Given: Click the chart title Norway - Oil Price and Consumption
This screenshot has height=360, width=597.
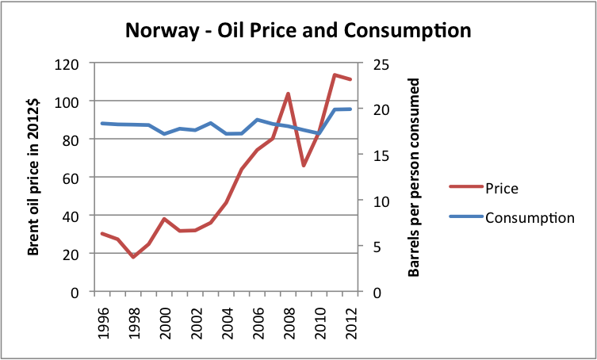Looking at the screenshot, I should pos(298,32).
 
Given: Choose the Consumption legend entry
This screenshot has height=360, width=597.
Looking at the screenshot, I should pos(529,216).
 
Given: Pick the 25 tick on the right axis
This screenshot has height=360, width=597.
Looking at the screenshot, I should pos(377,63).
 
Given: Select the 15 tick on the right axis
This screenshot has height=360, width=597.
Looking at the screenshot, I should pos(377,155).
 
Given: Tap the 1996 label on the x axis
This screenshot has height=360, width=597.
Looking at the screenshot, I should pos(102,324).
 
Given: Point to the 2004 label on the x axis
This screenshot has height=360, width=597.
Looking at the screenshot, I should pos(226,324).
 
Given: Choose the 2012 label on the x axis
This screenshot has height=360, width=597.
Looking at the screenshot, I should pos(349,324).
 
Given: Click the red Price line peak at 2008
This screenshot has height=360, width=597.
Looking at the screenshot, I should pos(287,94).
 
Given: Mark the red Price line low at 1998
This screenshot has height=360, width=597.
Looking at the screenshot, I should pos(133,257).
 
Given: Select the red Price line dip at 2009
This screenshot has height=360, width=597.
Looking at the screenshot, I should pos(303,166).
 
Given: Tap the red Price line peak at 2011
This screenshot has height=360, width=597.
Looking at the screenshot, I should pos(334,75).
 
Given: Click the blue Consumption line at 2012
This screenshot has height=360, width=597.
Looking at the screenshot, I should pos(350,109).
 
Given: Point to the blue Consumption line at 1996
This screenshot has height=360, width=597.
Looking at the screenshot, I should pos(102,123).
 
